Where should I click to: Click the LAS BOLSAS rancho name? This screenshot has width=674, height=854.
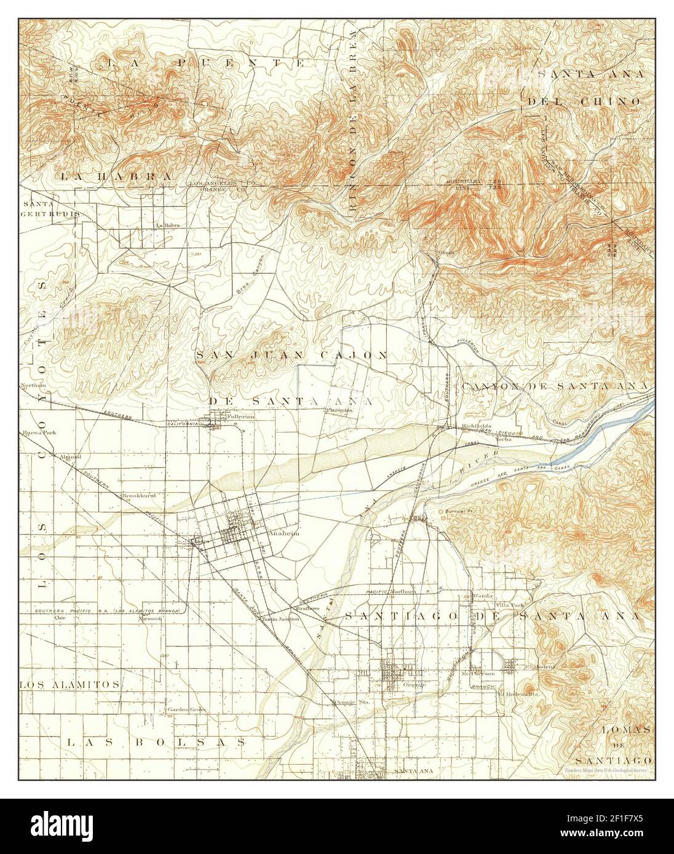[156, 742]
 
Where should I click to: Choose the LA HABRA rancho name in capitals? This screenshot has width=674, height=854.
[116, 176]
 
